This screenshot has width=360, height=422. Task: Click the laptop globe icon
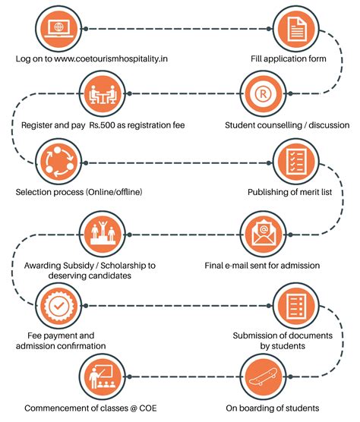[58, 29]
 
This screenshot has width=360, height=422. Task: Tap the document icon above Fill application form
[296, 29]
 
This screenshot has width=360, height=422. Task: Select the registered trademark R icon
[263, 93]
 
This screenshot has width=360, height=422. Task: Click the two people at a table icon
[103, 93]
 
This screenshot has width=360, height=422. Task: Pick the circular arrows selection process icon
[58, 163]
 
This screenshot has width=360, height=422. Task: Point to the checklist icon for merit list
[296, 163]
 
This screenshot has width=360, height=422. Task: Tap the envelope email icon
[263, 235]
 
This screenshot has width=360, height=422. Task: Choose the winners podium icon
[103, 235]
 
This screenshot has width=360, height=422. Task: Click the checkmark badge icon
[58, 306]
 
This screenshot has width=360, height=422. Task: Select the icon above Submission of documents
[296, 306]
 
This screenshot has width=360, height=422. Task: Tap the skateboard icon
[263, 376]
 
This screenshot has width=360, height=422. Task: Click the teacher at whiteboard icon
[103, 376]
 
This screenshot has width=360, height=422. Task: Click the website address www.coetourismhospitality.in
[111, 58]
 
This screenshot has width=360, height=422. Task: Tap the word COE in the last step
[148, 408]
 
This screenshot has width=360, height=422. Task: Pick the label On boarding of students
[273, 408]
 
